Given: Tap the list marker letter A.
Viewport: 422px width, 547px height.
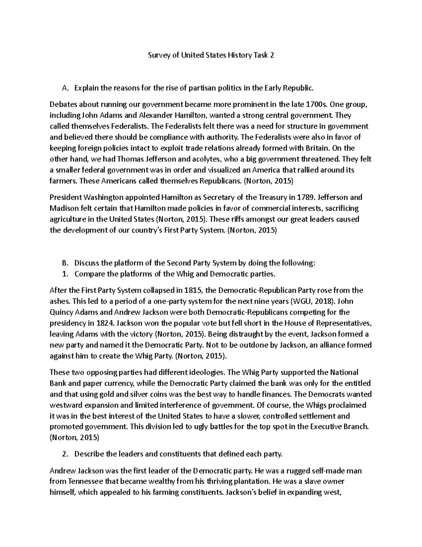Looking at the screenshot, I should pos(64,88).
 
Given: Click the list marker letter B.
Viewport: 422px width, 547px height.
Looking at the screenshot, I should pos(64,263).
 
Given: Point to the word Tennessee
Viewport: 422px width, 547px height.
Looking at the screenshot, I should pos(88,481).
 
